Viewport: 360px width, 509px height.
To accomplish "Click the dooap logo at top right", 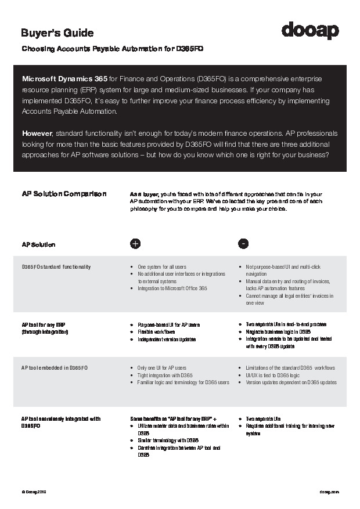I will point(310,30).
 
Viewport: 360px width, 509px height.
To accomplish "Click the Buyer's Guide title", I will point(57,33).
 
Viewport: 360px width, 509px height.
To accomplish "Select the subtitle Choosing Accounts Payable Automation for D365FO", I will point(112,49).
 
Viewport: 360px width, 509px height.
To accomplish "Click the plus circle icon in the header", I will point(135,244).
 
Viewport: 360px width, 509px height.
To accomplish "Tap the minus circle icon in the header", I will point(244,244).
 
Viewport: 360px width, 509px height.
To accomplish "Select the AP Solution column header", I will point(38,244).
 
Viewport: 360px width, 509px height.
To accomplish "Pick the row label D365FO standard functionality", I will point(56,267).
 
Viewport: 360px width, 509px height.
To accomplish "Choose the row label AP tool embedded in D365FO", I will point(55,368).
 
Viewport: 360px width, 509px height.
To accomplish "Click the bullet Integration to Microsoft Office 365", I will point(172,288).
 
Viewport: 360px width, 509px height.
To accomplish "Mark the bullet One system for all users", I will point(161,267).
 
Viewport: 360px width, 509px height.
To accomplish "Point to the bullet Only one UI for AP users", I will point(162,368).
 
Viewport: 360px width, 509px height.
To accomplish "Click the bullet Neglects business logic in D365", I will point(282,332).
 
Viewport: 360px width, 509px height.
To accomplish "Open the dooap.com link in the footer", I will point(329,492).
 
